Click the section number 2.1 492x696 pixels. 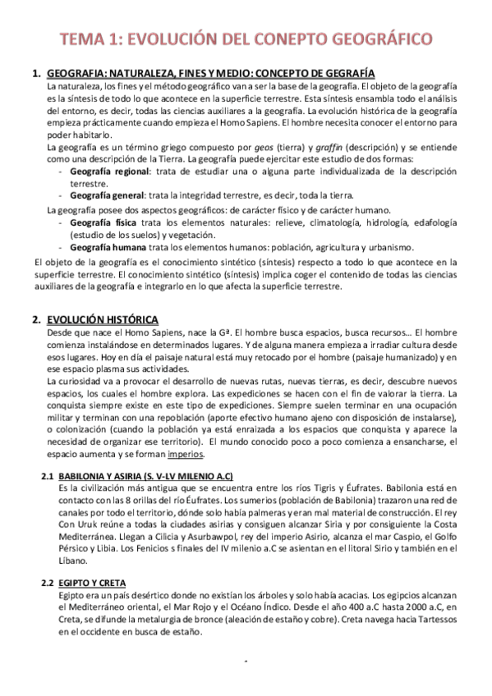tap(48, 476)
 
